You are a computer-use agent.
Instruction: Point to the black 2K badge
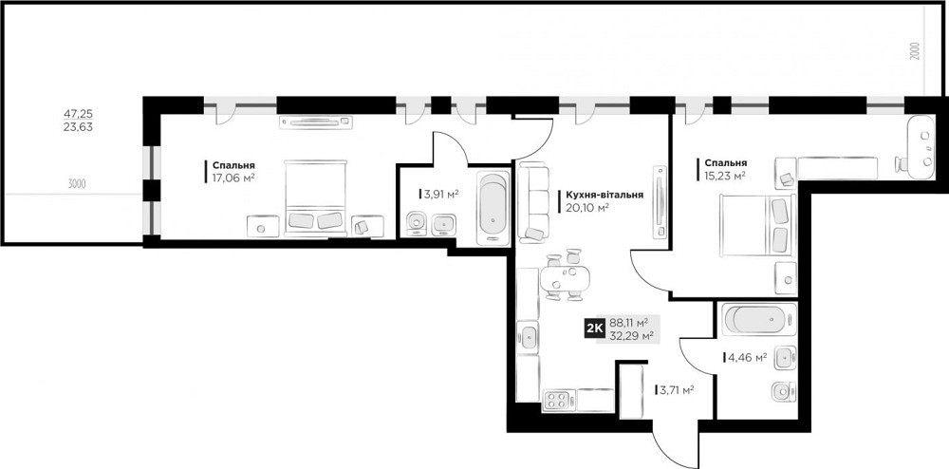coord(594,328)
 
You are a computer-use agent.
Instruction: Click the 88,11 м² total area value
coord(629,322)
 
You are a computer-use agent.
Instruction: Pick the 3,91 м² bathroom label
coord(440,195)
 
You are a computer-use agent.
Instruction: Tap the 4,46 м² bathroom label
coord(748,357)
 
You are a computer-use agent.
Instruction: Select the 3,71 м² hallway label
coord(677,390)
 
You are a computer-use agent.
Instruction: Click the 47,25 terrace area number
coord(78,113)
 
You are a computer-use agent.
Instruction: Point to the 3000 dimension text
coord(77,184)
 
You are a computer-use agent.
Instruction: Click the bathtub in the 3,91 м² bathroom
coord(493,208)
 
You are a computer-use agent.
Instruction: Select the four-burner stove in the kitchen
coord(558,400)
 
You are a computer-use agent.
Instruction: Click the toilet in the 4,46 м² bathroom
coord(784,391)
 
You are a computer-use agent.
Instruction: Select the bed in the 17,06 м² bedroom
coord(315,197)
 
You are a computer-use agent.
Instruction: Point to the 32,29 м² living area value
coord(631,335)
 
